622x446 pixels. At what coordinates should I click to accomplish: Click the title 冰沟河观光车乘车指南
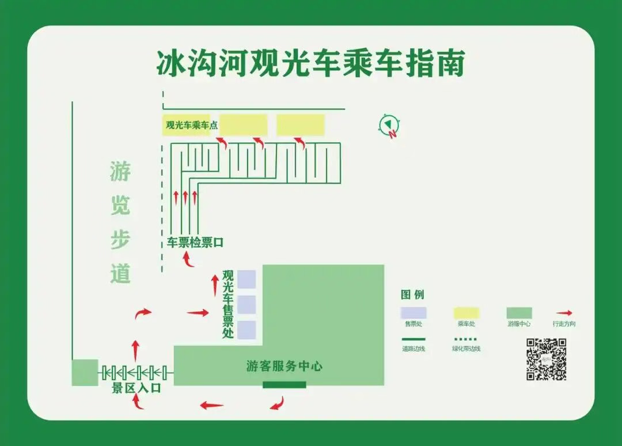click(310, 63)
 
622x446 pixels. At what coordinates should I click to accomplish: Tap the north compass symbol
click(389, 126)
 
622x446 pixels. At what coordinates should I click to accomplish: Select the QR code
click(546, 360)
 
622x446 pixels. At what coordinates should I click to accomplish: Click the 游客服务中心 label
click(284, 366)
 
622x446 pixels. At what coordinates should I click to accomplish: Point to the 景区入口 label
click(136, 388)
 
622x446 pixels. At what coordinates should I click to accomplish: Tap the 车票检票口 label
click(195, 243)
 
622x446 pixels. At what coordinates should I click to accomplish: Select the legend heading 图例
click(412, 294)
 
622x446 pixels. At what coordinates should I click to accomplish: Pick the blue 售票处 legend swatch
click(414, 312)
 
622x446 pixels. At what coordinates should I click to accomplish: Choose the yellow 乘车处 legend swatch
click(466, 312)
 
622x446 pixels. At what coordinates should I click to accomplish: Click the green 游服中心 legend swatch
click(519, 312)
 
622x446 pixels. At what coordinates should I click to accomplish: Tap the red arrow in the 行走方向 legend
click(564, 313)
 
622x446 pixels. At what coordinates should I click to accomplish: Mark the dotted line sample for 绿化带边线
click(466, 339)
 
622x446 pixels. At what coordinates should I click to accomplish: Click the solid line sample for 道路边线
click(414, 339)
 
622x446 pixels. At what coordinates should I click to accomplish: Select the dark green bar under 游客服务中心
click(285, 384)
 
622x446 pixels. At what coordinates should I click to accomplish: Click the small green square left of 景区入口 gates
click(85, 372)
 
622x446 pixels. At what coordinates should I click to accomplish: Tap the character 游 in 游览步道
click(120, 171)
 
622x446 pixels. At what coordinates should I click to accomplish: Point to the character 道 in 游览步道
click(120, 273)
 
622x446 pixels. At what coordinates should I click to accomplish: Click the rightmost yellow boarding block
click(301, 124)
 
